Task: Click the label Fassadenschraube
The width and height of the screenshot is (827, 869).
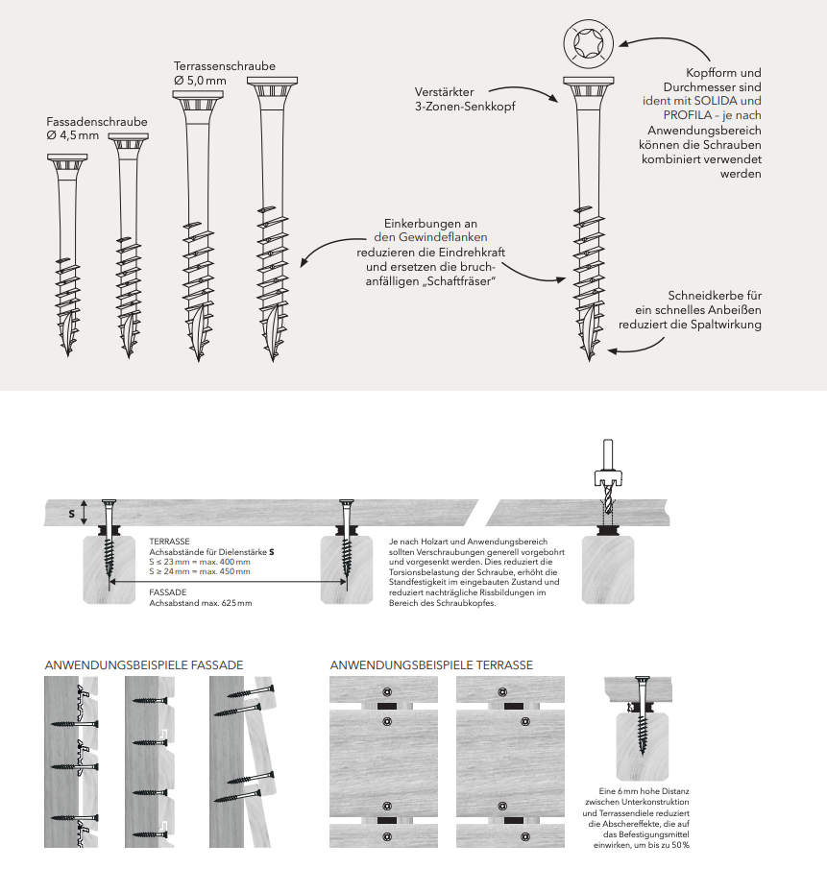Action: click(97, 122)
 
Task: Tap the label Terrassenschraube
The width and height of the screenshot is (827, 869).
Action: click(224, 65)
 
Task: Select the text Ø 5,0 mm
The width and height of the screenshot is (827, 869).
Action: click(201, 80)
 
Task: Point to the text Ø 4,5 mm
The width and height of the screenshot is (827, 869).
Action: click(73, 136)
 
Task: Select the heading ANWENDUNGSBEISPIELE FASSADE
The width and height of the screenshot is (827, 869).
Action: click(144, 664)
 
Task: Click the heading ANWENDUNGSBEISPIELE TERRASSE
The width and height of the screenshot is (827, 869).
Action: click(431, 664)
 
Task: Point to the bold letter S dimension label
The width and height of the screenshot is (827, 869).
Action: click(71, 514)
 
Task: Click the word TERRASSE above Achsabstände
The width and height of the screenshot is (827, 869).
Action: click(169, 542)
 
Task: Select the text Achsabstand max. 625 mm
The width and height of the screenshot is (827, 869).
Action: click(201, 603)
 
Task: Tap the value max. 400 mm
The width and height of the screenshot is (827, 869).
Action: click(225, 562)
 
